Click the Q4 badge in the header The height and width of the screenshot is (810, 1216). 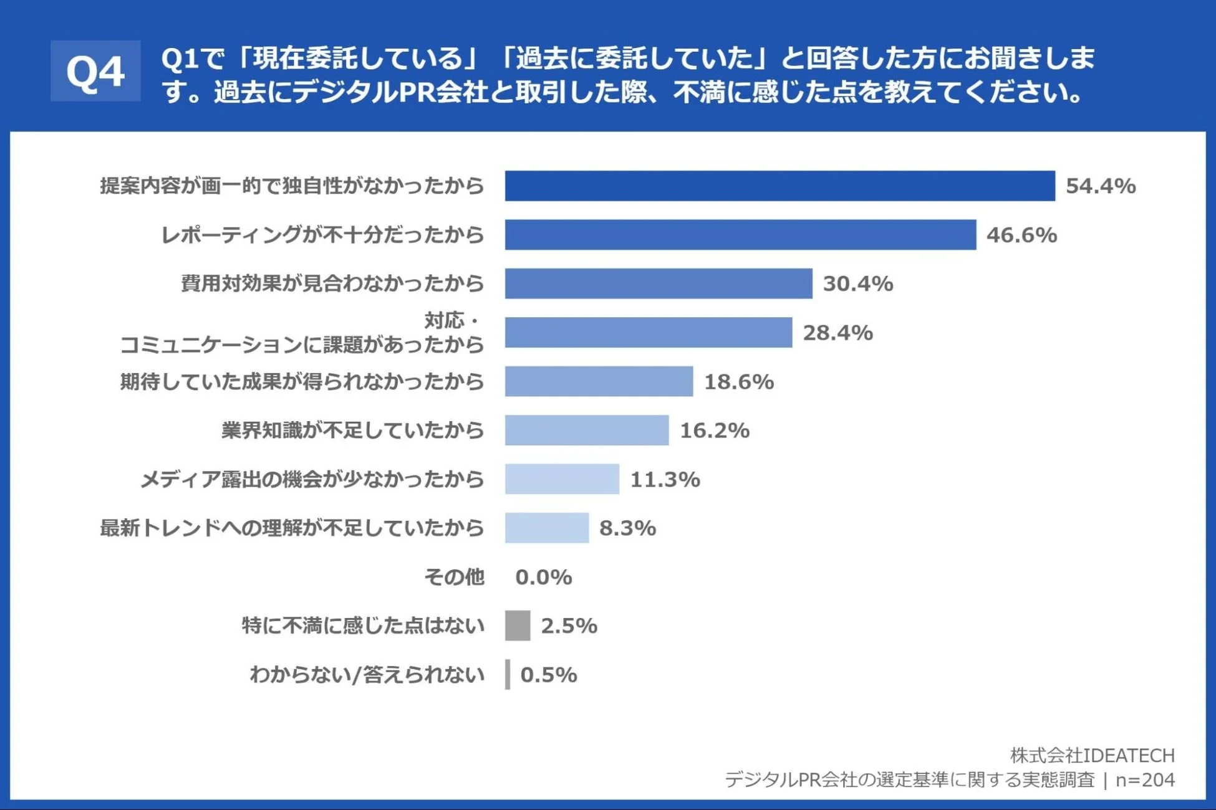(95, 71)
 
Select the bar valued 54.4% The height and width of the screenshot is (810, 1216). (779, 186)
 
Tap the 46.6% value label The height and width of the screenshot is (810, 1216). (1021, 235)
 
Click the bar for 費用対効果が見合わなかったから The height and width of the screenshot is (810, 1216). (659, 283)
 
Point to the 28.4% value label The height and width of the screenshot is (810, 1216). (837, 333)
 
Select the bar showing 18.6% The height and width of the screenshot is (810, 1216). (599, 381)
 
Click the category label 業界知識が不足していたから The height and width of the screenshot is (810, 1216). (353, 430)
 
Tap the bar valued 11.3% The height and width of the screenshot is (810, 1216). (562, 479)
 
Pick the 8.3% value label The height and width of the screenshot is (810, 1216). (627, 528)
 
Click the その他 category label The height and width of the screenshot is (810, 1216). (454, 577)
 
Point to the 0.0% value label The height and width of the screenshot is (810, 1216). (543, 577)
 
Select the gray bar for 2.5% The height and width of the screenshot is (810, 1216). (518, 626)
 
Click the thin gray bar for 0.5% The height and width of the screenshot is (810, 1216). (508, 674)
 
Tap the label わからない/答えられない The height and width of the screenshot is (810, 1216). (367, 674)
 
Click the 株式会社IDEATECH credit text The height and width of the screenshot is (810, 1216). (1092, 755)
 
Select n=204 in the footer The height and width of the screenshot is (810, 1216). (1145, 779)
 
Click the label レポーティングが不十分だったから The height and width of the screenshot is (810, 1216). (322, 235)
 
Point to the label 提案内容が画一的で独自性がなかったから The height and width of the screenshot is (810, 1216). (292, 186)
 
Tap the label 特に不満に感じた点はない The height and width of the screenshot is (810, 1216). (363, 626)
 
